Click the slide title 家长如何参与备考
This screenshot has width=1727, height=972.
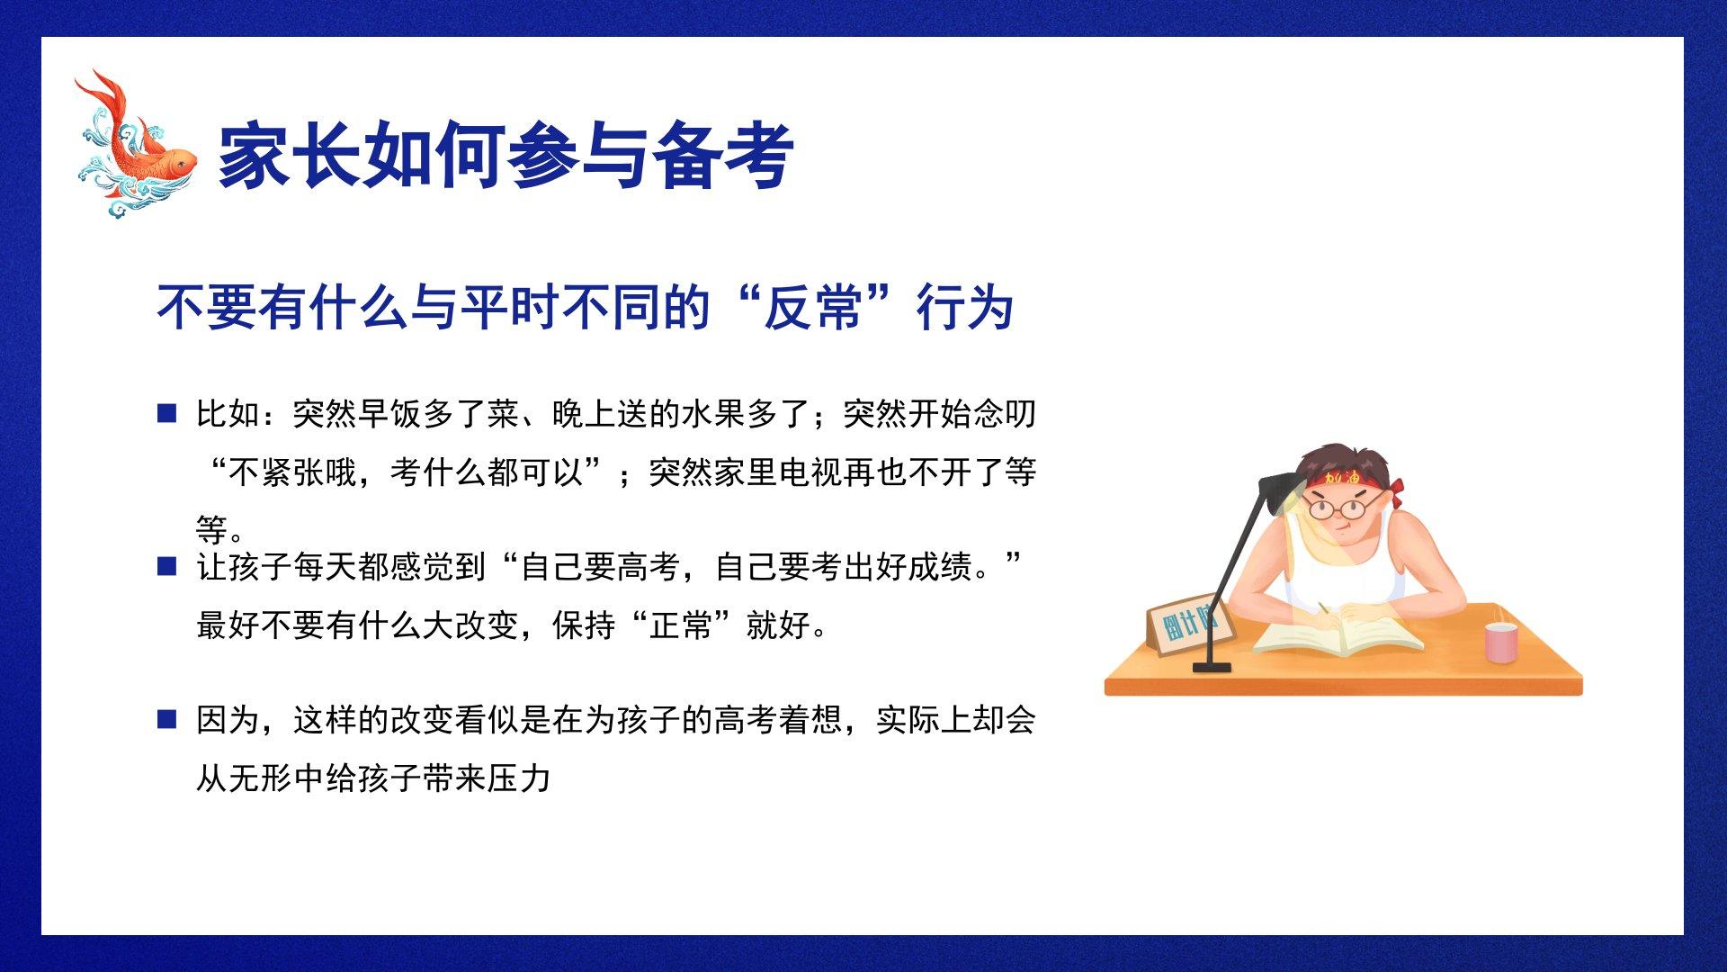pos(506,155)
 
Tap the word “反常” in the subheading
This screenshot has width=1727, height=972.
pos(813,308)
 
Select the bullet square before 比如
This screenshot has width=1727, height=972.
pos(166,413)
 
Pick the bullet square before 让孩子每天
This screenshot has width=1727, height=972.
pos(166,566)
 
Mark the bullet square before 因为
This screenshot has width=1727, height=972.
pos(166,719)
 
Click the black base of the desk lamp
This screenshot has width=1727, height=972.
pos(1212,667)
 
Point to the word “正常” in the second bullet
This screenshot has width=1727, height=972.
pos(681,625)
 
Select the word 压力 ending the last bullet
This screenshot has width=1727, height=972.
pos(519,778)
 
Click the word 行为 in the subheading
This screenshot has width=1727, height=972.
pos(965,308)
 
